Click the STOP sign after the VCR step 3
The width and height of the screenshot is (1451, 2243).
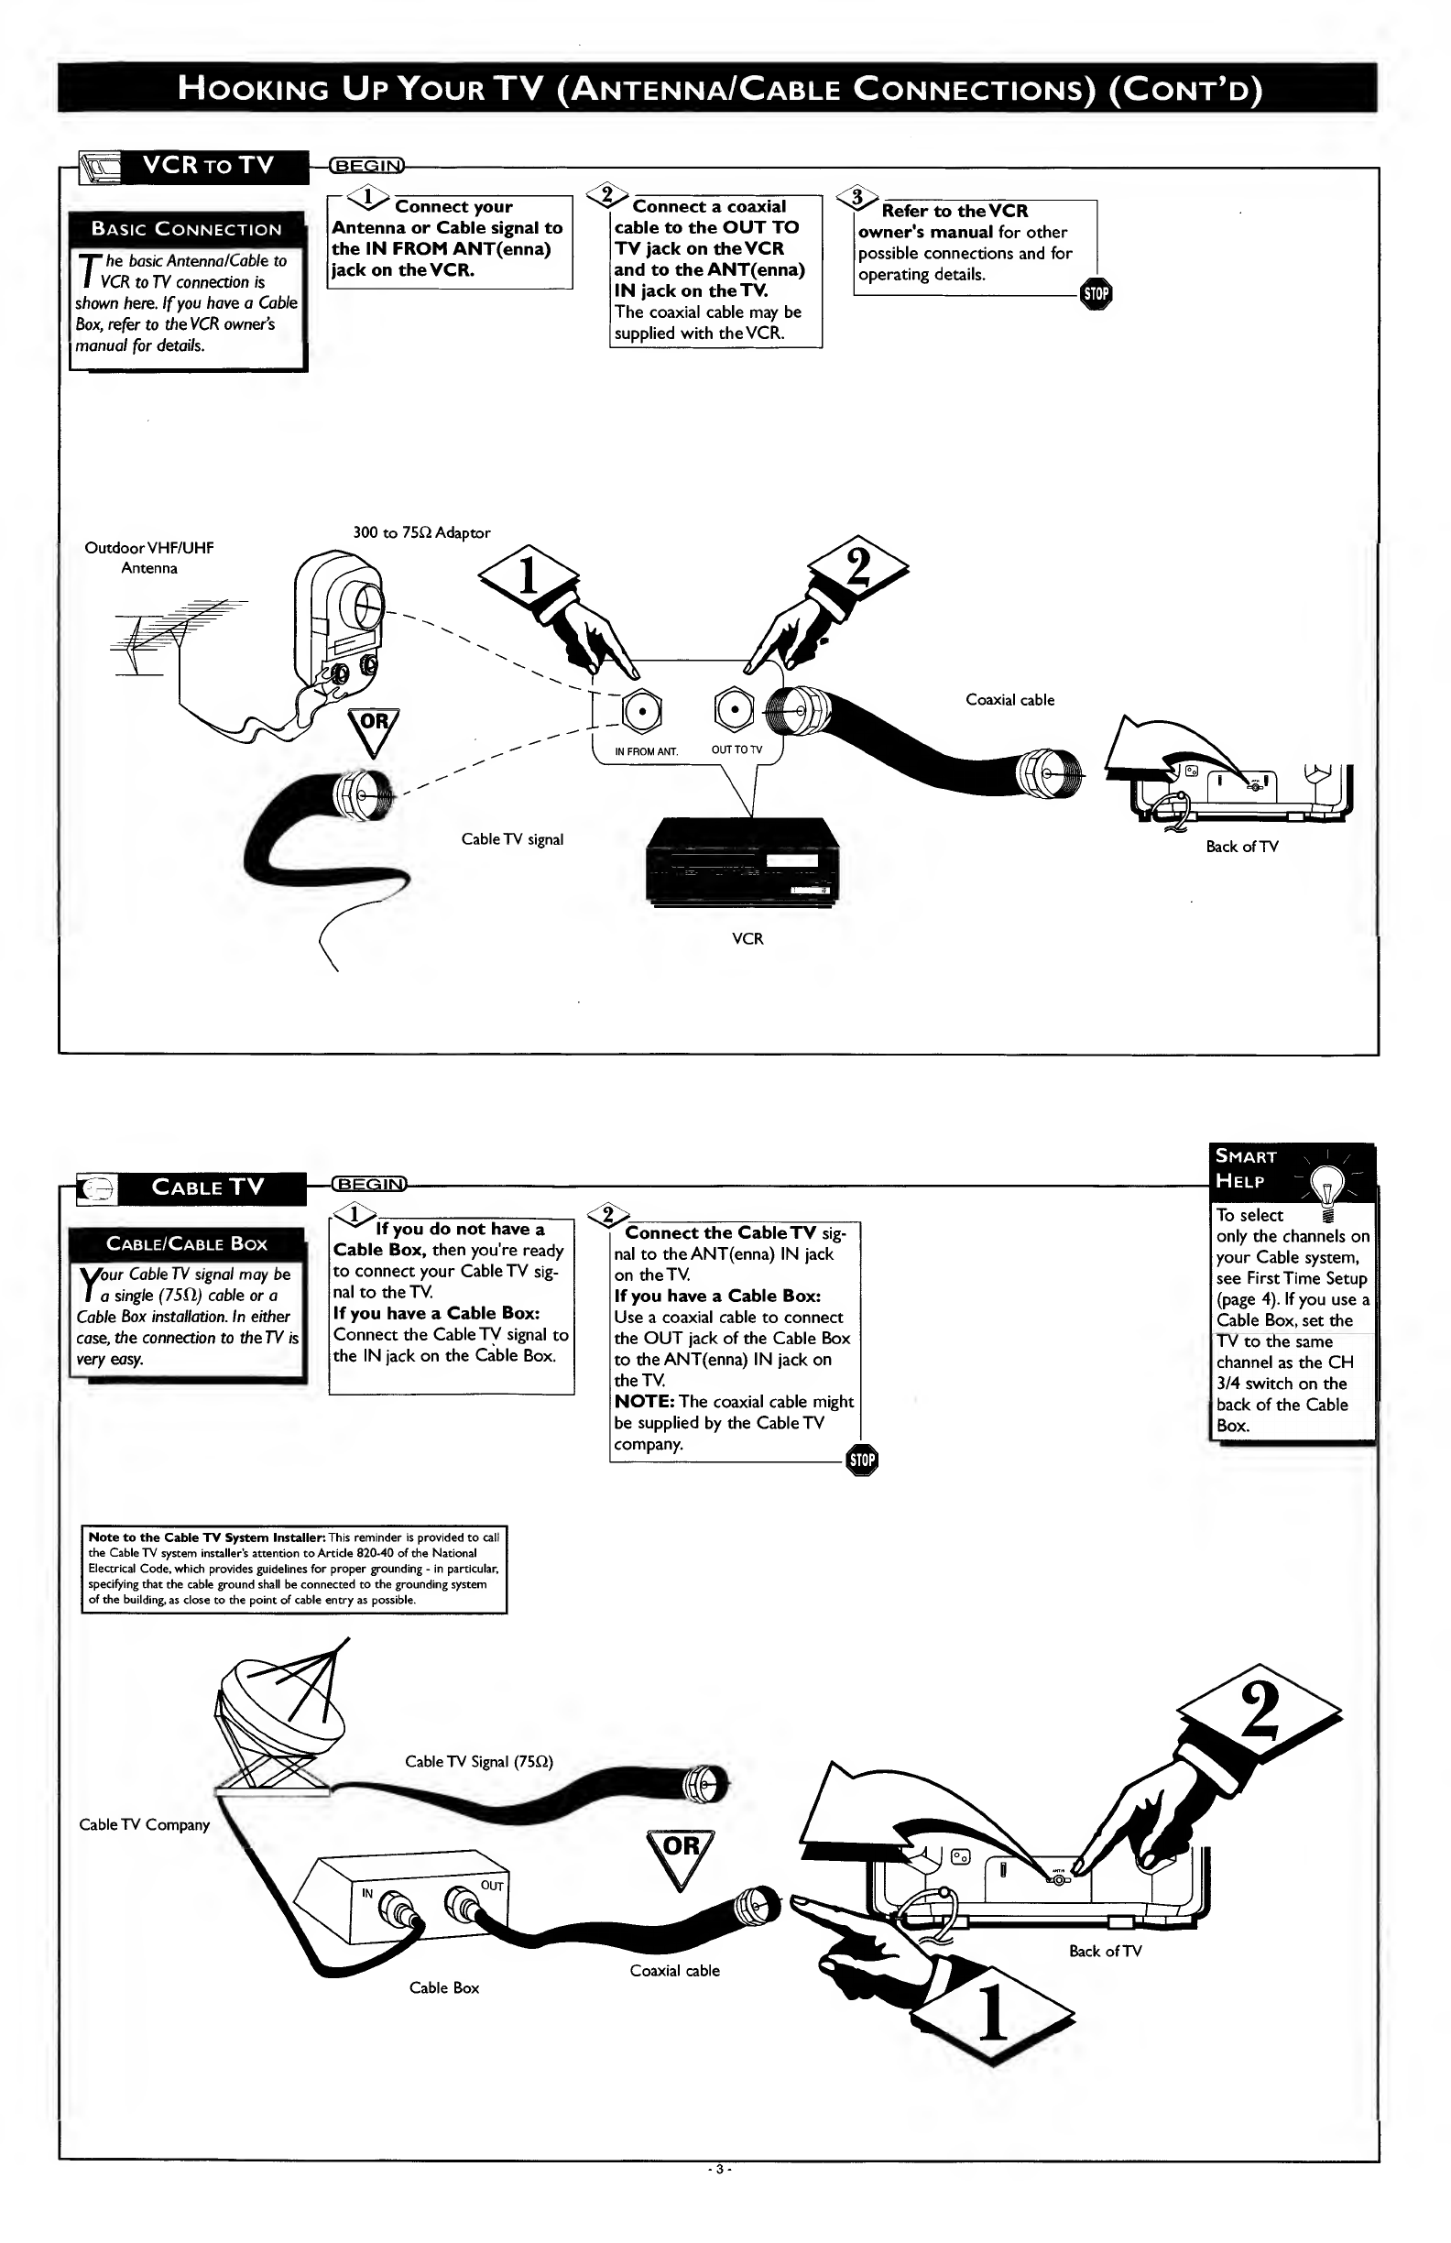coord(1096,294)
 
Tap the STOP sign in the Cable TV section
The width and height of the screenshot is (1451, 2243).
coord(862,1460)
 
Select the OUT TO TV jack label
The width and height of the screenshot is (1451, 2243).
coord(736,750)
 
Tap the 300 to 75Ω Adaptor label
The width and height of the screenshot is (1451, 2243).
coord(421,532)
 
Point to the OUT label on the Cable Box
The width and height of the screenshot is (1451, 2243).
coord(492,1885)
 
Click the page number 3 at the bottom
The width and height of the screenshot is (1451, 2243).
coord(720,2169)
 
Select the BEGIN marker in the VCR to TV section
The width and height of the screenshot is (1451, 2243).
coord(366,166)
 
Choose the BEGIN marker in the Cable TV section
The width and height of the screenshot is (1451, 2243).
coord(369,1185)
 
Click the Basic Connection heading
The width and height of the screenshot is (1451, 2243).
coord(187,229)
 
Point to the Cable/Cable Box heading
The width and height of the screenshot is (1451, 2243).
coord(187,1243)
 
